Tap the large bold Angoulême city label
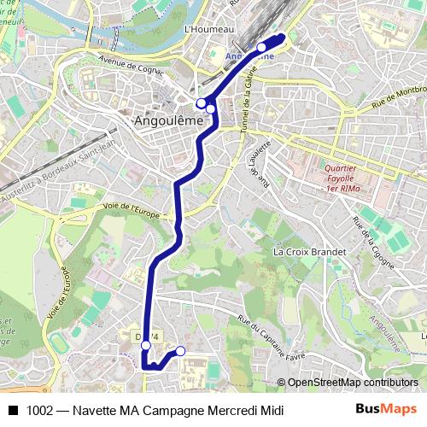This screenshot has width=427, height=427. [170, 121]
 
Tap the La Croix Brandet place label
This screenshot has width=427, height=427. [309, 253]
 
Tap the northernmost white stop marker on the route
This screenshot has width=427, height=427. [261, 48]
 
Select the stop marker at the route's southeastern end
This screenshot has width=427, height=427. [180, 351]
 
